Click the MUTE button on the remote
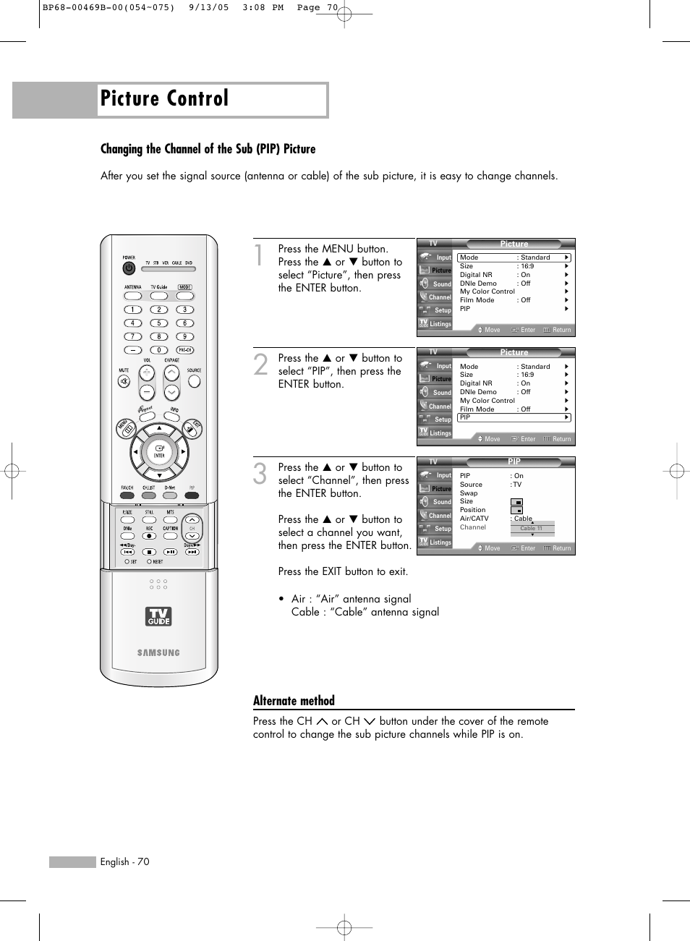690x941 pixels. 124,381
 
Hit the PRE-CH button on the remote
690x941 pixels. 185,350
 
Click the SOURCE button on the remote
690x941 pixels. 194,380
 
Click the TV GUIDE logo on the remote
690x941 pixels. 159,616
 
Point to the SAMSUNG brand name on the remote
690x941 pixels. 159,652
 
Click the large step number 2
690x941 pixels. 261,365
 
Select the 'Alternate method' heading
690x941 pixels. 294,700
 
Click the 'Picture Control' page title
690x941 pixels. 165,99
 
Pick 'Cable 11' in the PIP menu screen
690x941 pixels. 532,528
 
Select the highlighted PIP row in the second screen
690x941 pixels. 514,417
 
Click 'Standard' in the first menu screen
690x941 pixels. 535,257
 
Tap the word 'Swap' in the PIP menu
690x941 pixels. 469,493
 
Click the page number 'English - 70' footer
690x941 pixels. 124,861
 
